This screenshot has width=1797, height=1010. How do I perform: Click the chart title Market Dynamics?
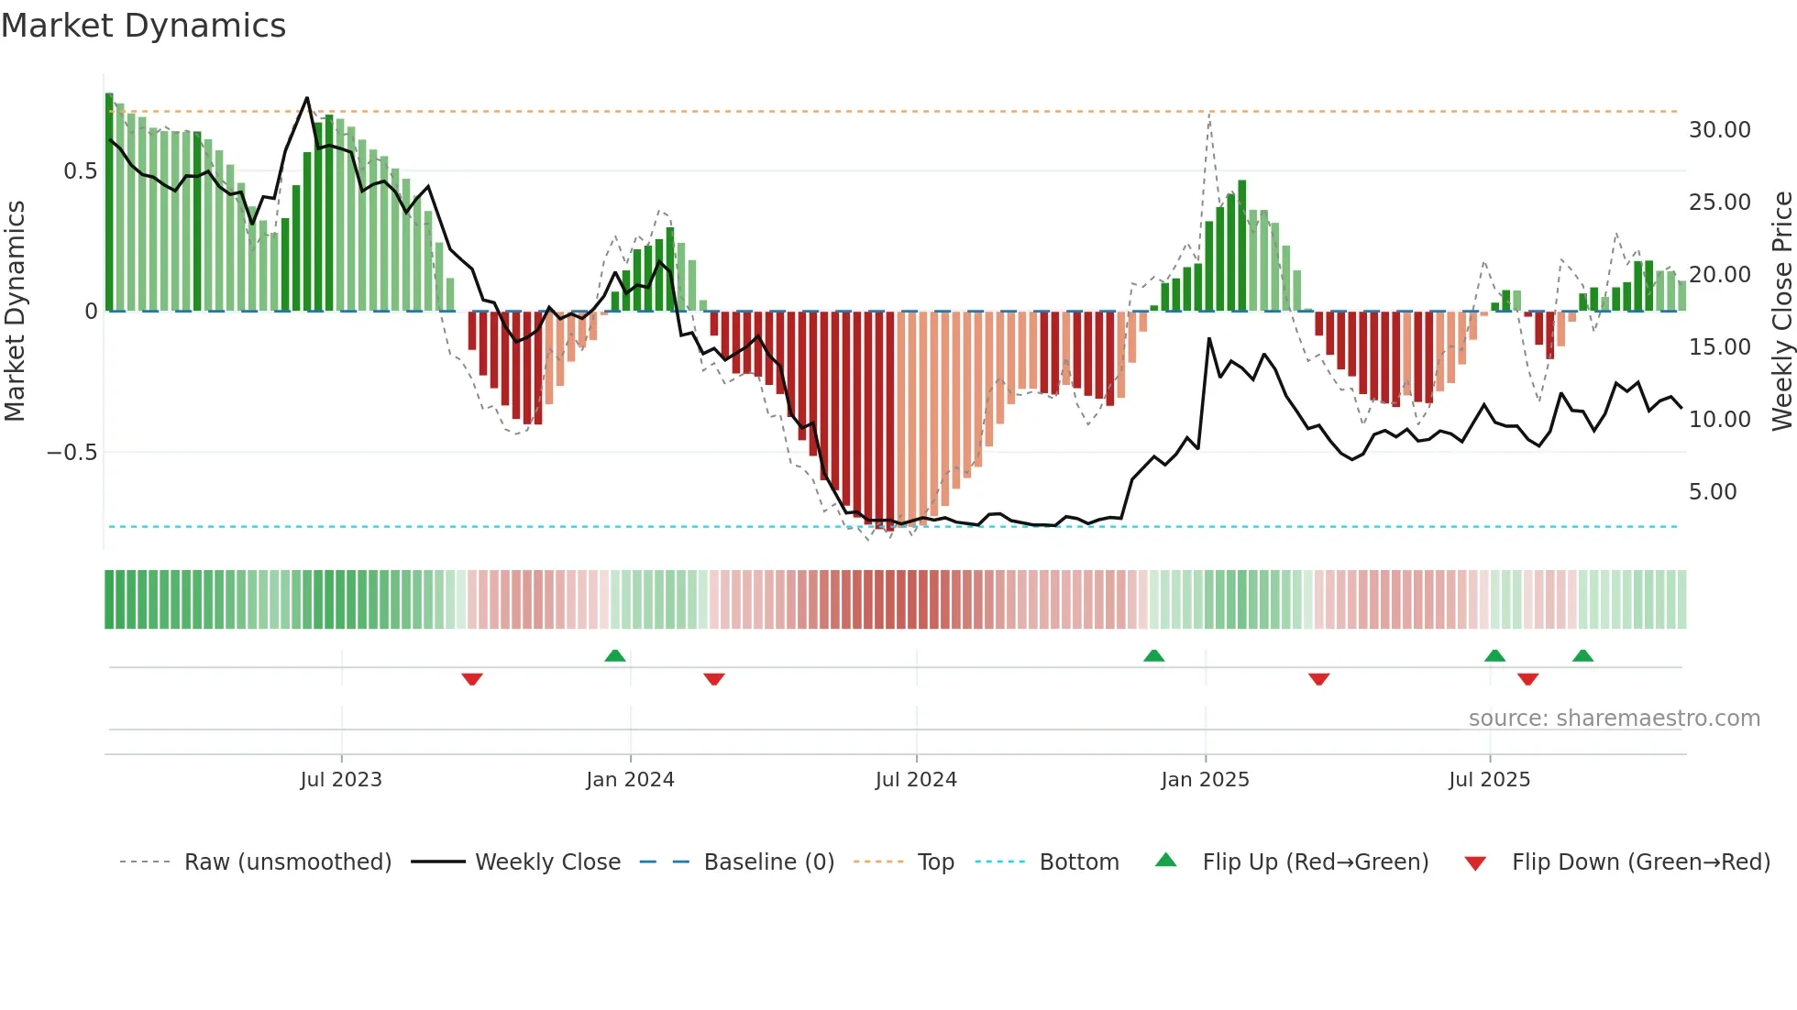pyautogui.click(x=143, y=26)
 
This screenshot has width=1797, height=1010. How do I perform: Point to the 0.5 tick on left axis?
pyautogui.click(x=80, y=171)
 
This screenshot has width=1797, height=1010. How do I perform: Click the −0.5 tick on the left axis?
pyautogui.click(x=72, y=453)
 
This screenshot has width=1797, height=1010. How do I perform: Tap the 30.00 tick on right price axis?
pyautogui.click(x=1719, y=130)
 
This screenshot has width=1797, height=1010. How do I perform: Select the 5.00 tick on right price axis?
pyautogui.click(x=1713, y=492)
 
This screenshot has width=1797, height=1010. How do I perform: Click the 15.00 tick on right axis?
pyautogui.click(x=1719, y=347)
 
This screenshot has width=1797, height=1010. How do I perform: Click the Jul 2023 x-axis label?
pyautogui.click(x=341, y=780)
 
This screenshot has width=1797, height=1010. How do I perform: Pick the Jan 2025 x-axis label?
pyautogui.click(x=1205, y=780)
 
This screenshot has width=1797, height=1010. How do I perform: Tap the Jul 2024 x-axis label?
pyautogui.click(x=916, y=780)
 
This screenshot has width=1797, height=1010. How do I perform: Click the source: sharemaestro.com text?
pyautogui.click(x=1614, y=719)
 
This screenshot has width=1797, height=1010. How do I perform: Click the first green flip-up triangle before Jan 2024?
pyautogui.click(x=615, y=656)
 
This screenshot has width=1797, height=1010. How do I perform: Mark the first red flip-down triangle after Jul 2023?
pyautogui.click(x=472, y=679)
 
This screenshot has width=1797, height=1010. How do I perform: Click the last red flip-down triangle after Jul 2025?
pyautogui.click(x=1527, y=679)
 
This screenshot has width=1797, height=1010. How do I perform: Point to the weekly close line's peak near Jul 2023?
pyautogui.click(x=306, y=98)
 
